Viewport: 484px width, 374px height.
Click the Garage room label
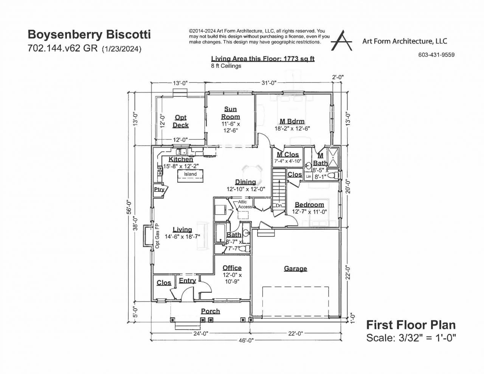[295, 268]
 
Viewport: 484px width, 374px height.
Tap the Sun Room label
[231, 113]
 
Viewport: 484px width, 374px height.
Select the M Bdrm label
[292, 121]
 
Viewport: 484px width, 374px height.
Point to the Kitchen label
[181, 160]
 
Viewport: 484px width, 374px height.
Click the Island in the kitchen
[190, 174]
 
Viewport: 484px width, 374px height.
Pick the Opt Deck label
[180, 121]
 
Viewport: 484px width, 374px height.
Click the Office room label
[232, 268]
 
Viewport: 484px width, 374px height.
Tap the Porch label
[210, 311]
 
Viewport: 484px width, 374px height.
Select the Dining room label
[245, 182]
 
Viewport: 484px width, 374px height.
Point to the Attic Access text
[245, 205]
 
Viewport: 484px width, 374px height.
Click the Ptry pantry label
[159, 189]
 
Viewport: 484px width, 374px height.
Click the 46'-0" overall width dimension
[247, 340]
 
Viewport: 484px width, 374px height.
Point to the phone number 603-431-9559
[436, 55]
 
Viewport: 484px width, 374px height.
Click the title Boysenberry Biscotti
[89, 35]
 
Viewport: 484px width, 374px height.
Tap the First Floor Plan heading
[411, 325]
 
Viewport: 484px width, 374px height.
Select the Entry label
[187, 281]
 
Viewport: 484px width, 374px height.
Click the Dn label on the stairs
[279, 205]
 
